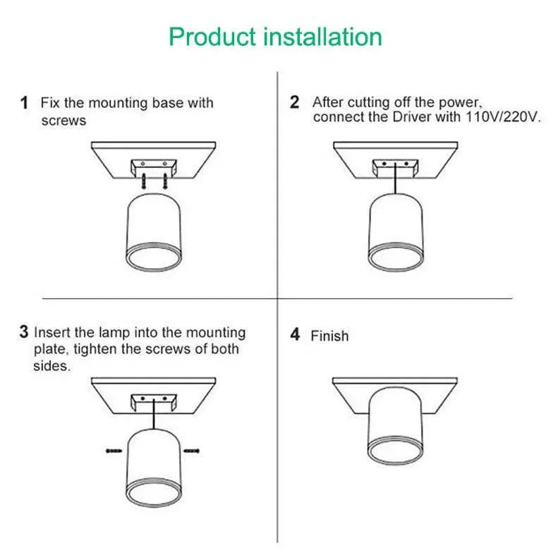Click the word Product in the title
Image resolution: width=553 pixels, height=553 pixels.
coord(212,37)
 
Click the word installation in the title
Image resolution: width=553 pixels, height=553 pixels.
coord(323,37)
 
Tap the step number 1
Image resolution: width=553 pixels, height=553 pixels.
coord(24,103)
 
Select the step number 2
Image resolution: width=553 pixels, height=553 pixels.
coord(295,102)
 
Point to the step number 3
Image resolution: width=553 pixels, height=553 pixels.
coord(24,332)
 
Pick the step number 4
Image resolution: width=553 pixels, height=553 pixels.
coord(295,334)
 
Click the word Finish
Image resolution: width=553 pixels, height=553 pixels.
coord(329,336)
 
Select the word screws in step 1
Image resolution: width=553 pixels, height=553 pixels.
coord(63,121)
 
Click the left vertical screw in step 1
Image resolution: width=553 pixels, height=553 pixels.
coord(143,181)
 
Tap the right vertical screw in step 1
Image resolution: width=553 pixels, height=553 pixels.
coord(165,181)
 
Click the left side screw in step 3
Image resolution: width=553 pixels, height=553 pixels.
coord(114,451)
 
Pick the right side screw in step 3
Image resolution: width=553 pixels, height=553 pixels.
coord(192,451)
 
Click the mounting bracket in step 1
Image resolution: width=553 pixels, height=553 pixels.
coord(154,168)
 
